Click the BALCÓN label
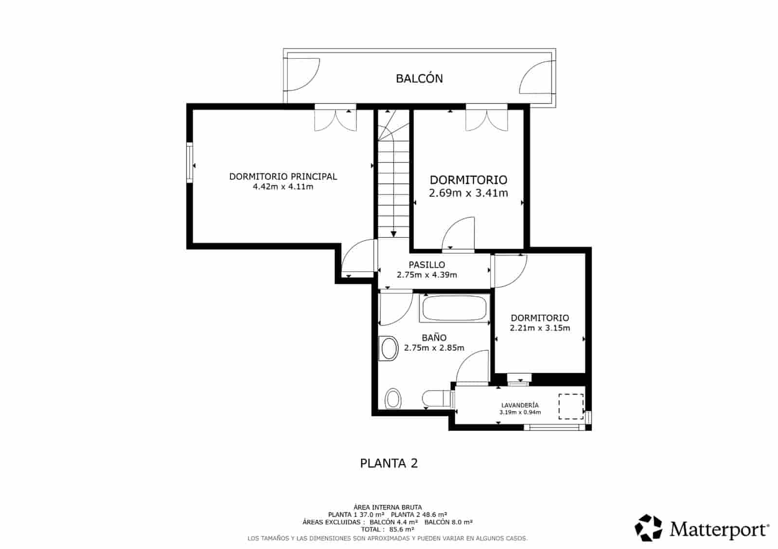(x=419, y=79)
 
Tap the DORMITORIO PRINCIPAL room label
(x=283, y=176)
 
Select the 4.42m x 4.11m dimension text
(x=283, y=187)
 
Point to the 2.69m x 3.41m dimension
(x=468, y=193)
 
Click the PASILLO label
(x=426, y=265)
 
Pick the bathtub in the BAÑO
(x=454, y=308)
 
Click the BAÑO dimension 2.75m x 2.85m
(x=434, y=348)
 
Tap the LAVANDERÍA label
(x=520, y=405)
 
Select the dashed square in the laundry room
(x=571, y=407)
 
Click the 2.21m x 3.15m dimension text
(x=540, y=328)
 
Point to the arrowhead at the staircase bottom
(x=393, y=234)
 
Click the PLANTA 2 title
(x=389, y=463)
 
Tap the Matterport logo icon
(x=649, y=528)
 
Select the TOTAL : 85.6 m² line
(x=388, y=530)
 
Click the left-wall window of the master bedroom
(x=190, y=163)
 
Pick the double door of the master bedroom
(x=336, y=119)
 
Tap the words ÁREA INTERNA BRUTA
(x=388, y=507)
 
